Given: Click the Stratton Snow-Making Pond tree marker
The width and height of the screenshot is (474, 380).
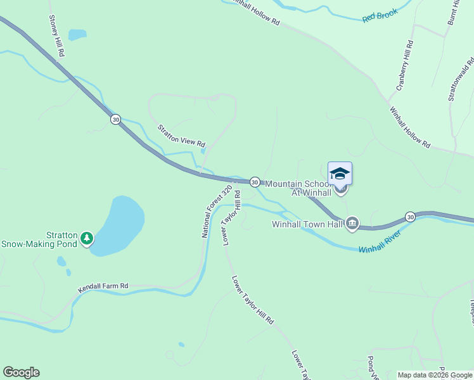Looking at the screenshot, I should click(x=87, y=239).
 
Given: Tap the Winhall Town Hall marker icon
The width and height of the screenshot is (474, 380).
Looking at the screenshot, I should click(x=352, y=224).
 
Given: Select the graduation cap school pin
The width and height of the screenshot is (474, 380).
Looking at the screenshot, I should click(x=340, y=174).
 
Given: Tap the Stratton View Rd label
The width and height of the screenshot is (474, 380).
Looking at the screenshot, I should click(x=182, y=135).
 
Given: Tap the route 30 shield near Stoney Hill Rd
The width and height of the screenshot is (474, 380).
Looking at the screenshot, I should click(x=115, y=119).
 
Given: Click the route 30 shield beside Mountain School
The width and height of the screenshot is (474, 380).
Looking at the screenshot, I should click(x=254, y=182).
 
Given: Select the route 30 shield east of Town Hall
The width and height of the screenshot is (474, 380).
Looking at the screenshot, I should click(x=411, y=217).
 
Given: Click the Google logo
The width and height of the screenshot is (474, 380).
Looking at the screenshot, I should click(x=21, y=372).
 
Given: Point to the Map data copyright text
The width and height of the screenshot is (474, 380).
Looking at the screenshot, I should click(x=435, y=375).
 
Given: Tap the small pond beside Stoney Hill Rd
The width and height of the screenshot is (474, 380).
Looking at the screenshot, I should click(x=77, y=34).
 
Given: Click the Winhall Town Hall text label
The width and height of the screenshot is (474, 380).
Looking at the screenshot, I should click(x=307, y=224).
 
